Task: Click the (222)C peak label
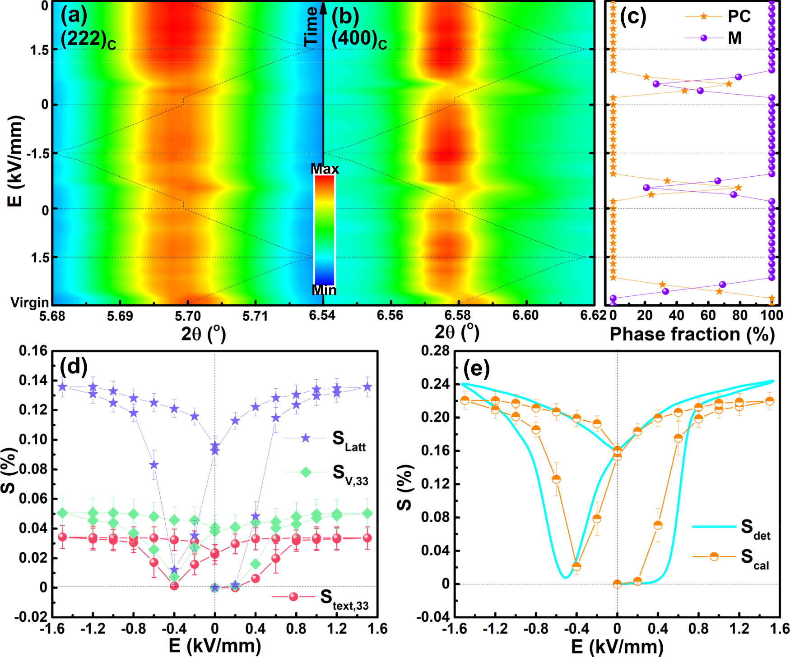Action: tap(88, 39)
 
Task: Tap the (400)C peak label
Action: tap(359, 39)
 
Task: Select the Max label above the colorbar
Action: tap(325, 169)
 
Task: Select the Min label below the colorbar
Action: tap(324, 290)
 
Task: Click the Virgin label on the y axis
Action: tap(30, 303)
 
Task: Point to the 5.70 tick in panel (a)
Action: tap(187, 316)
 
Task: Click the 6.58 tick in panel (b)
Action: tap(458, 316)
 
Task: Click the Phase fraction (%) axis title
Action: tap(692, 335)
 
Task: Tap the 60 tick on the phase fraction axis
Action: tap(708, 315)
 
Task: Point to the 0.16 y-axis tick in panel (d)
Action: tap(33, 351)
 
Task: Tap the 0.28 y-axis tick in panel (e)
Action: tap(435, 351)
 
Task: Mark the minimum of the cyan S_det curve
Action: tap(565, 577)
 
